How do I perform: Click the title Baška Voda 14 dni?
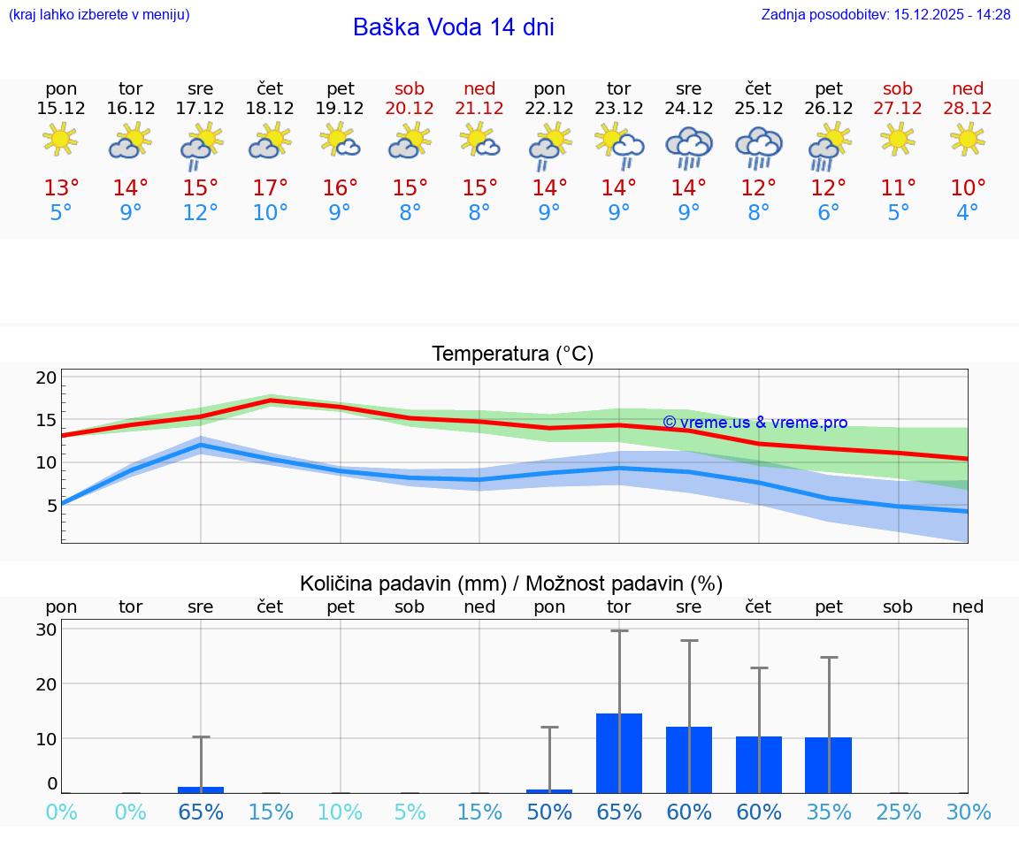[453, 27]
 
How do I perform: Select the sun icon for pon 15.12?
[61, 140]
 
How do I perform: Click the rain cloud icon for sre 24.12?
[688, 147]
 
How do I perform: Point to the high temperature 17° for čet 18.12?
[270, 187]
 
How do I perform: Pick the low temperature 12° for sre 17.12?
[201, 212]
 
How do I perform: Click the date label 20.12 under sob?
[410, 108]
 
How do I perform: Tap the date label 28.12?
[968, 108]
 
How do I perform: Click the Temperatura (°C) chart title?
[512, 354]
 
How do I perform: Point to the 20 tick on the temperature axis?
[47, 378]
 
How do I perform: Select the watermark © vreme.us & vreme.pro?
[755, 423]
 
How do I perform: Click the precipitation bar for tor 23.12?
[619, 753]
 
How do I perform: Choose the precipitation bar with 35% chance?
[828, 765]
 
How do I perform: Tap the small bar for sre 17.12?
[201, 790]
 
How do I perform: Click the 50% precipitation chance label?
[549, 812]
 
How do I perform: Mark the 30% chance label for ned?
[968, 812]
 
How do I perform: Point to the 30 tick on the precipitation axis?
[47, 629]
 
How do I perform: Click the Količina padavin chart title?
[511, 584]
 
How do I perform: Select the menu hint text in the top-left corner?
[99, 14]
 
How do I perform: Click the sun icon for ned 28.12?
[968, 139]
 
